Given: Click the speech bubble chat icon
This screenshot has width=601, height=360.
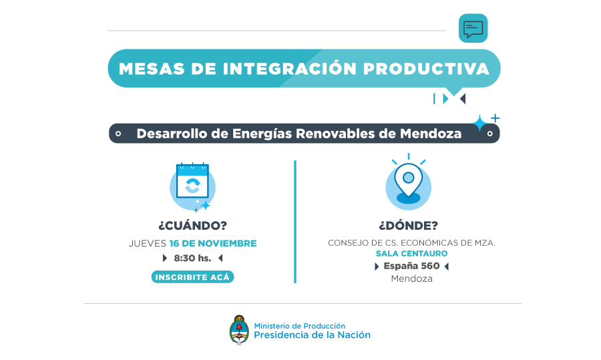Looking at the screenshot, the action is [x=473, y=28].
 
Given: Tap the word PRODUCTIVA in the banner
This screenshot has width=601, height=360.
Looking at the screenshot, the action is [x=426, y=69].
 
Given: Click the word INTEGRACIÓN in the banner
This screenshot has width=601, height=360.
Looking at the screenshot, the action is [x=290, y=68].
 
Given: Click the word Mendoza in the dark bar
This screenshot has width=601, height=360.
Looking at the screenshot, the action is [x=431, y=134].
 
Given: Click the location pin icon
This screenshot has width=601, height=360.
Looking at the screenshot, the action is [x=409, y=182].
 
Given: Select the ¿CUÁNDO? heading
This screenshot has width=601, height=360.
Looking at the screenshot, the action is [x=193, y=225].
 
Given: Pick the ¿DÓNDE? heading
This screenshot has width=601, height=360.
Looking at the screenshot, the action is [x=409, y=225].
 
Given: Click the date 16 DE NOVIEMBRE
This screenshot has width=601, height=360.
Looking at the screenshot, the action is [x=213, y=243].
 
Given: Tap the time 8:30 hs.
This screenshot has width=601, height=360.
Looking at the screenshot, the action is [x=192, y=258].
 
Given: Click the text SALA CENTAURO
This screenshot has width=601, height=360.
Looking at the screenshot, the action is [x=411, y=253].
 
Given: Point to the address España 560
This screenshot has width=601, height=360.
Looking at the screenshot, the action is [x=411, y=266].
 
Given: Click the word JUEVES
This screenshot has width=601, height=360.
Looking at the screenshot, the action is [x=148, y=243].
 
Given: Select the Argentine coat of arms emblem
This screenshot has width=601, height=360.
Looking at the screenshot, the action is [x=239, y=330].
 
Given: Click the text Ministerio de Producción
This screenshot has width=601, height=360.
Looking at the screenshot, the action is [x=300, y=326].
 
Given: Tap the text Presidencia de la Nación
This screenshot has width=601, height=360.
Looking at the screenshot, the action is [x=312, y=335].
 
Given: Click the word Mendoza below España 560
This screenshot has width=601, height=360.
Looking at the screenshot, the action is [x=411, y=279].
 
